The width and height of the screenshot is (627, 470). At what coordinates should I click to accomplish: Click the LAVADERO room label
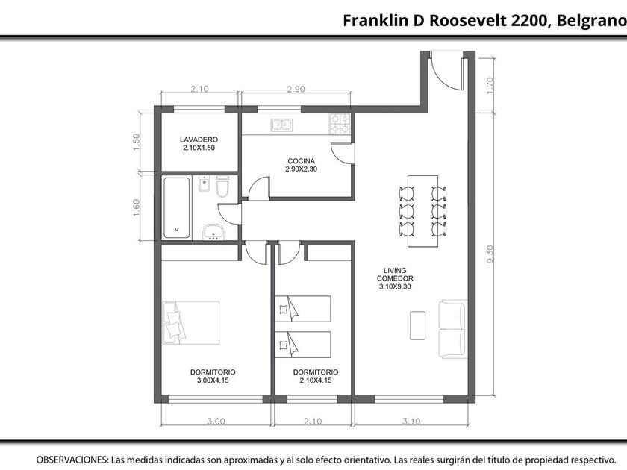pos(199,143)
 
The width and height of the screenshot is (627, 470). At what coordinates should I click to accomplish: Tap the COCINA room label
pos(301,165)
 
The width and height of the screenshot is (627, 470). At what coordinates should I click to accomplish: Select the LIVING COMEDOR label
pos(395,278)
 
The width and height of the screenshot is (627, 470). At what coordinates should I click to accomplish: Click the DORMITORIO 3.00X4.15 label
pos(213,376)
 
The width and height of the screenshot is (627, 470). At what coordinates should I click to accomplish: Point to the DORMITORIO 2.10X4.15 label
pos(316,376)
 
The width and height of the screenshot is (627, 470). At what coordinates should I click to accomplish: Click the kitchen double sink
pos(281,125)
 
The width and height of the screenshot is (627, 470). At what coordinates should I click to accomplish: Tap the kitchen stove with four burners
pos(340,124)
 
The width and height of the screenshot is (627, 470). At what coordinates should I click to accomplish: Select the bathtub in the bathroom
pos(176,208)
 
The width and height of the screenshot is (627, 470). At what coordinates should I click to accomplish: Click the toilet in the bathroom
pos(222,187)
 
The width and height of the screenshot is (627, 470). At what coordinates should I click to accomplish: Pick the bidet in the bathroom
pos(205,184)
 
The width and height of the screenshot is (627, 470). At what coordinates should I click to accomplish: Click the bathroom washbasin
pos(213,232)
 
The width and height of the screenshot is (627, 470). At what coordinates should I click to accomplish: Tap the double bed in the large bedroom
pos(191,323)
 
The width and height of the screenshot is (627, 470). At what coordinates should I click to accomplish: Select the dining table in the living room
pos(422,211)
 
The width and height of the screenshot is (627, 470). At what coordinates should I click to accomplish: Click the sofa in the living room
pos(453,329)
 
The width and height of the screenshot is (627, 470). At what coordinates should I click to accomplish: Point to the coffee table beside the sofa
pos(417,325)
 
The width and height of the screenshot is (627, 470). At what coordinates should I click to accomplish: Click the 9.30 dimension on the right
pos(490,254)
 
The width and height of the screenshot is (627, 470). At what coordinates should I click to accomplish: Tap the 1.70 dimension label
pos(490,85)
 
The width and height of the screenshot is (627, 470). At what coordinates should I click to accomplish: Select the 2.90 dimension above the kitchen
pos(296,89)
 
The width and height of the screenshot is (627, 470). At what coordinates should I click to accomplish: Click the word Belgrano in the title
pos(591,20)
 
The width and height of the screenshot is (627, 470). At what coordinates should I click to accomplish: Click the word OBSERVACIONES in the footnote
pos(72,460)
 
